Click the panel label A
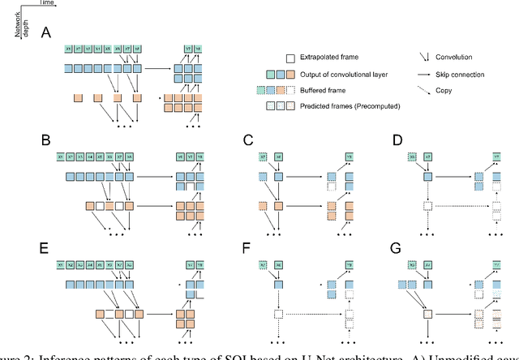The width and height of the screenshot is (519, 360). [x=48, y=32]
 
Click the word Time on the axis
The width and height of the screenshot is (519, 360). [x=28, y=4]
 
